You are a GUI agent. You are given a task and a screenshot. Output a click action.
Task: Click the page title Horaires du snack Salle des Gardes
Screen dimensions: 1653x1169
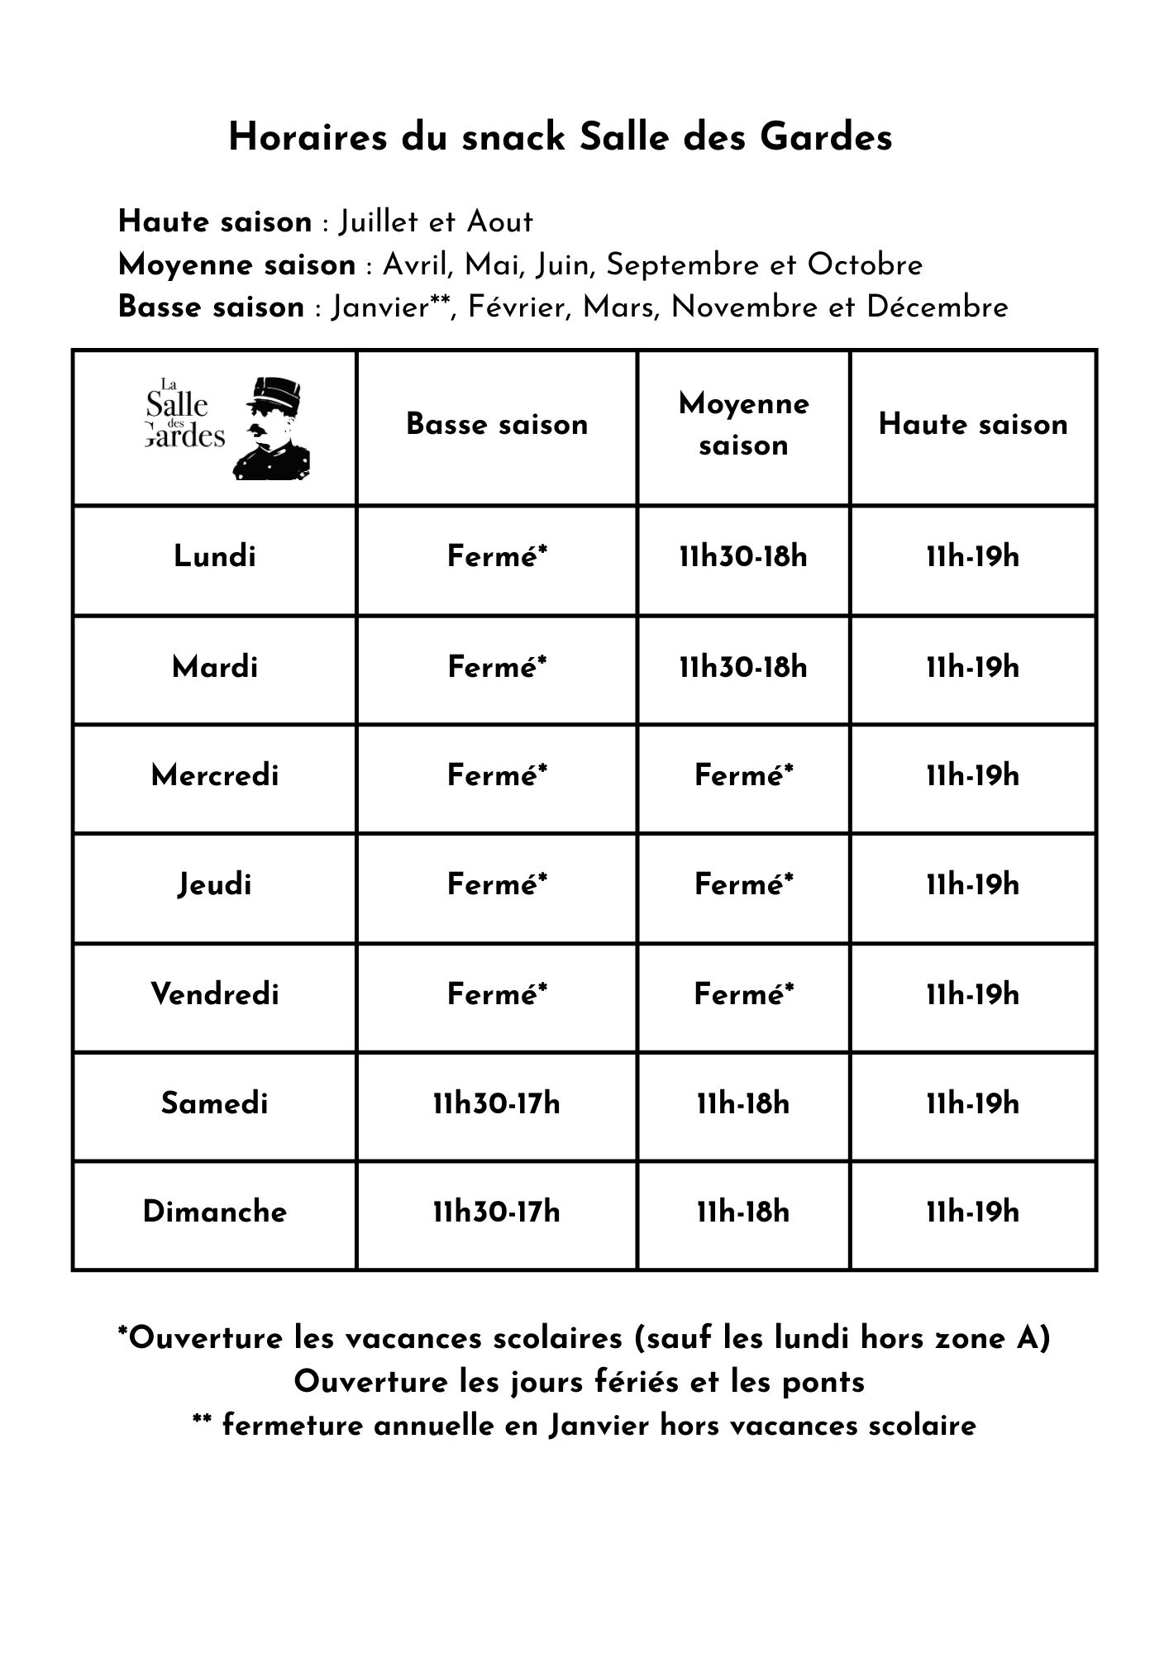[560, 137]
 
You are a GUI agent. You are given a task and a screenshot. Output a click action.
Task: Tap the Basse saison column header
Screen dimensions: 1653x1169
[497, 425]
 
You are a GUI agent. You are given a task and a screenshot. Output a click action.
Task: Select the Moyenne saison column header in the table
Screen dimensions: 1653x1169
[743, 425]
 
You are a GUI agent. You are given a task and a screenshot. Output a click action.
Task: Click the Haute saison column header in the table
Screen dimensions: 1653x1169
[973, 425]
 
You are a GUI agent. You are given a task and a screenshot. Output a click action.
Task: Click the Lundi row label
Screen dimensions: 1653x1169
[215, 556]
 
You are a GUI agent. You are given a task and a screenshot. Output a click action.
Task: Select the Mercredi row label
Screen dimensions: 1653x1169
[215, 776]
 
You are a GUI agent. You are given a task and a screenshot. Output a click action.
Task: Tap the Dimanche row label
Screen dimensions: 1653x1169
[215, 1212]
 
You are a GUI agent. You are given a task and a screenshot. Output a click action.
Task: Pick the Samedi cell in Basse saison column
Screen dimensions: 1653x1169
[497, 1103]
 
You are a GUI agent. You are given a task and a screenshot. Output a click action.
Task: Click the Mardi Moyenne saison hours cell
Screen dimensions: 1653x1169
[743, 667]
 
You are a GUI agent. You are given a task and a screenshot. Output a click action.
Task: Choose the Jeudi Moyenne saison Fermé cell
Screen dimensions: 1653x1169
[743, 885]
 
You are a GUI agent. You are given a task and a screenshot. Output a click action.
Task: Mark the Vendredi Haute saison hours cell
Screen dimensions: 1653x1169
[973, 994]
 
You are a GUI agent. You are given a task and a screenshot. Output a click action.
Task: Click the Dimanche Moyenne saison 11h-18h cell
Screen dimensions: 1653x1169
[743, 1212]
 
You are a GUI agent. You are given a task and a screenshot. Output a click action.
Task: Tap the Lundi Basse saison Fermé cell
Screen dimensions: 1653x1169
[497, 556]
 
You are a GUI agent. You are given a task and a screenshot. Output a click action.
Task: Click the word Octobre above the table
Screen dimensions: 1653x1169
[865, 265]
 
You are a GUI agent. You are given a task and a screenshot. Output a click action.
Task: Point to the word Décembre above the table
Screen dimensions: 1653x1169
[937, 307]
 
